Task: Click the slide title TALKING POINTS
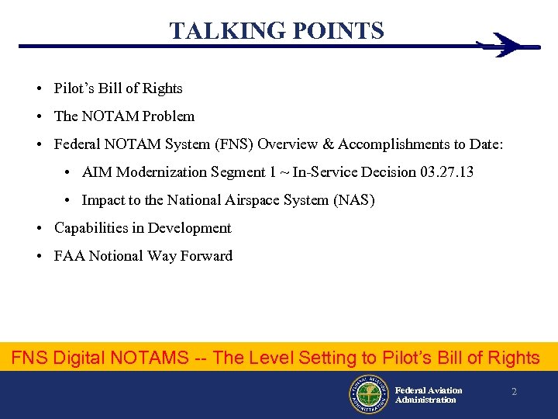tap(277, 31)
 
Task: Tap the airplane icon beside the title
tap(507, 45)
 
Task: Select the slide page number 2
tap(513, 392)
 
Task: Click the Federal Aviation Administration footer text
tap(428, 395)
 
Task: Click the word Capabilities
tap(91, 227)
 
